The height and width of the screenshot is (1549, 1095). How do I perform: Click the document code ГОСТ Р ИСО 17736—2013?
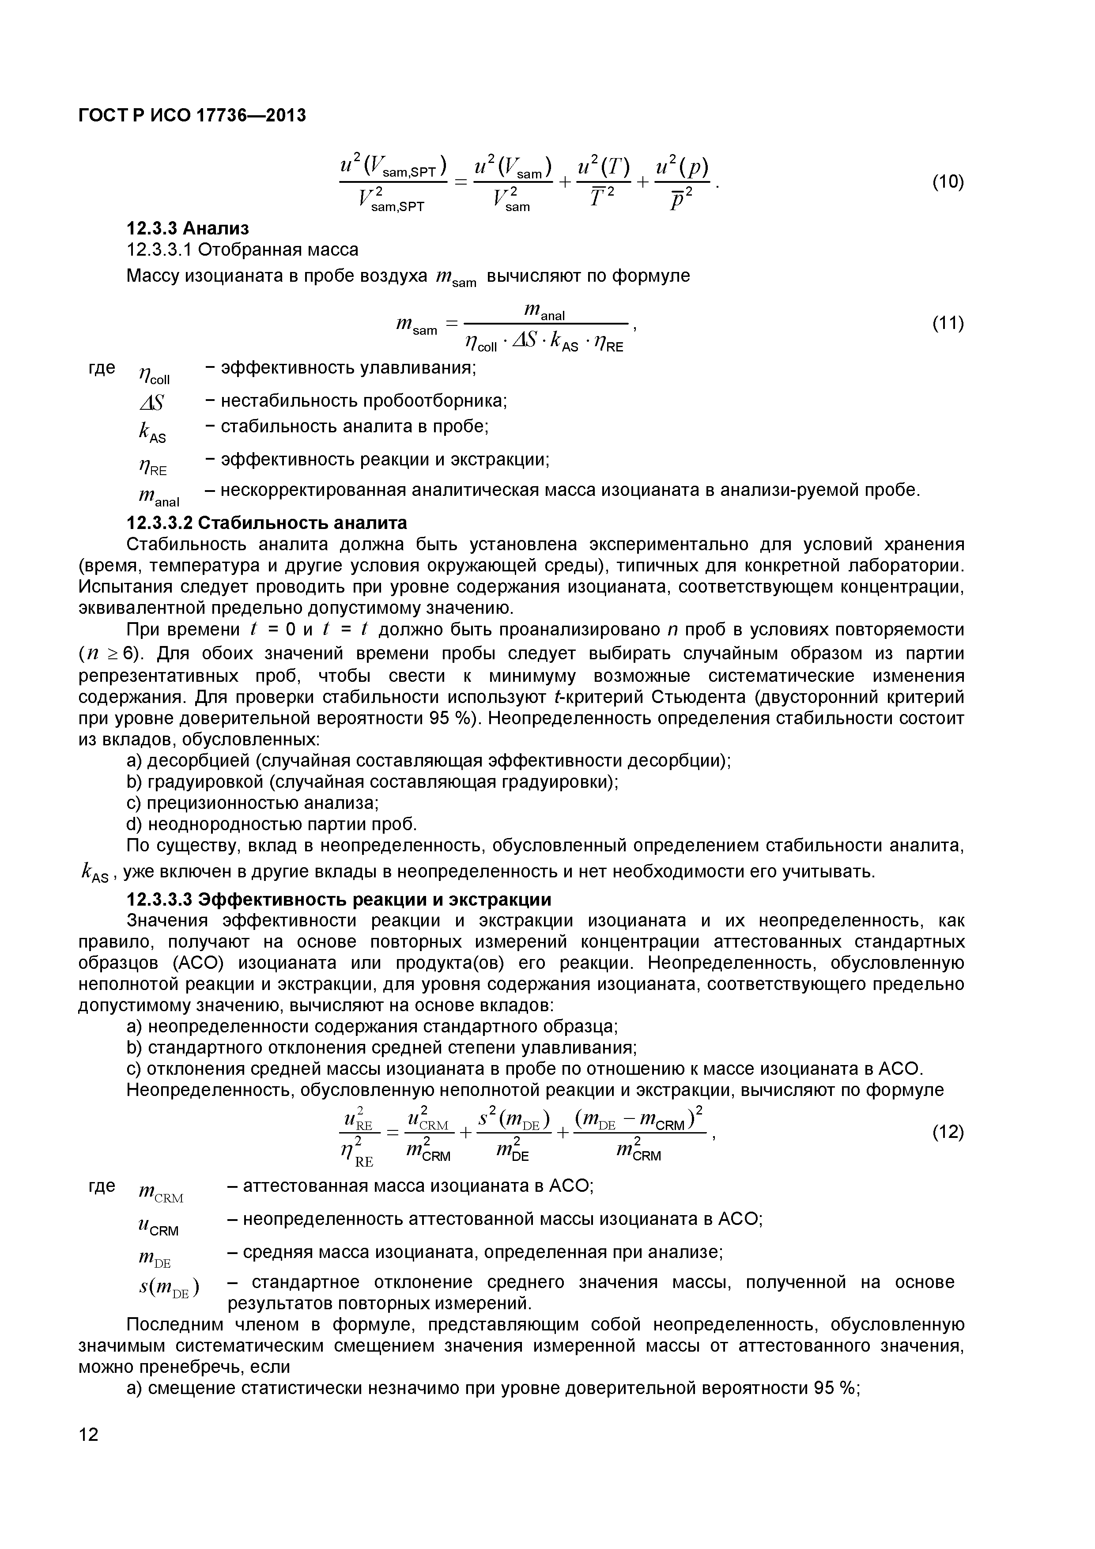point(192,116)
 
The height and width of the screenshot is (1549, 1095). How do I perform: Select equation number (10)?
point(948,182)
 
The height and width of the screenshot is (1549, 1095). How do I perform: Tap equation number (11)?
point(948,324)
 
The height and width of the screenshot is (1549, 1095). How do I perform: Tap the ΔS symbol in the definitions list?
point(152,404)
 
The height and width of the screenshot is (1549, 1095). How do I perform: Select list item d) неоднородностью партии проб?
point(272,824)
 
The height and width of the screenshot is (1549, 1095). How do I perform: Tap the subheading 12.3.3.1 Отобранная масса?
point(243,249)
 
